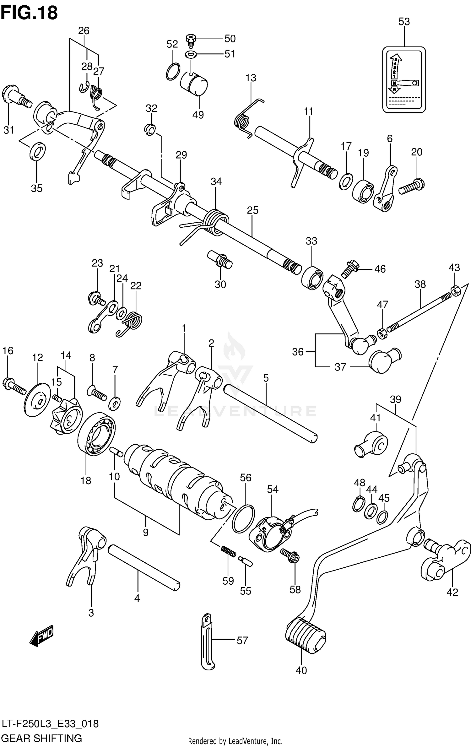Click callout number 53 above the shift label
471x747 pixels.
click(404, 22)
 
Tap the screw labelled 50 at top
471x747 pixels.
click(190, 39)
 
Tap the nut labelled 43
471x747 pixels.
click(455, 291)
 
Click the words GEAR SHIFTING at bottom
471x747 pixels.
click(42, 738)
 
